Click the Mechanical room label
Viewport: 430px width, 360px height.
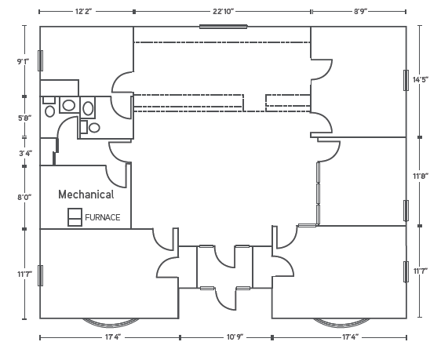point(86,195)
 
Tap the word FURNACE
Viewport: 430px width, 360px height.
point(103,217)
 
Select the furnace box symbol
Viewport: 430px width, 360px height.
point(75,217)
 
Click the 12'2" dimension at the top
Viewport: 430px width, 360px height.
point(84,12)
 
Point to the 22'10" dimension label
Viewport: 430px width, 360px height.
point(223,12)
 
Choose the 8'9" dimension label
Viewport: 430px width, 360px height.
point(360,12)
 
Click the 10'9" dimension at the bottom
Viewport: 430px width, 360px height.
point(235,336)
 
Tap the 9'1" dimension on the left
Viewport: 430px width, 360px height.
point(23,61)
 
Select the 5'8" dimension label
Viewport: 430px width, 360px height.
point(24,118)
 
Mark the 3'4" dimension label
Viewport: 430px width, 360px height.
point(26,153)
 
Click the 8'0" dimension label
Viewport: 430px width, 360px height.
point(24,197)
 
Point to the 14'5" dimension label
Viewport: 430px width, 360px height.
point(421,80)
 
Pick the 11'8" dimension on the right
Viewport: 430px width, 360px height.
point(421,176)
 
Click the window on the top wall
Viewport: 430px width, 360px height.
point(223,27)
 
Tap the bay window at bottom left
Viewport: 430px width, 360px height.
point(110,322)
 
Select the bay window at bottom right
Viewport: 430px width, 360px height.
point(341,322)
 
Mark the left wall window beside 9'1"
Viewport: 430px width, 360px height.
point(40,60)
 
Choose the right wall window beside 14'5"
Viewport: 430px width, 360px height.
point(406,80)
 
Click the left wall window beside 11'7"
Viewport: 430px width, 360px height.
point(40,275)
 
